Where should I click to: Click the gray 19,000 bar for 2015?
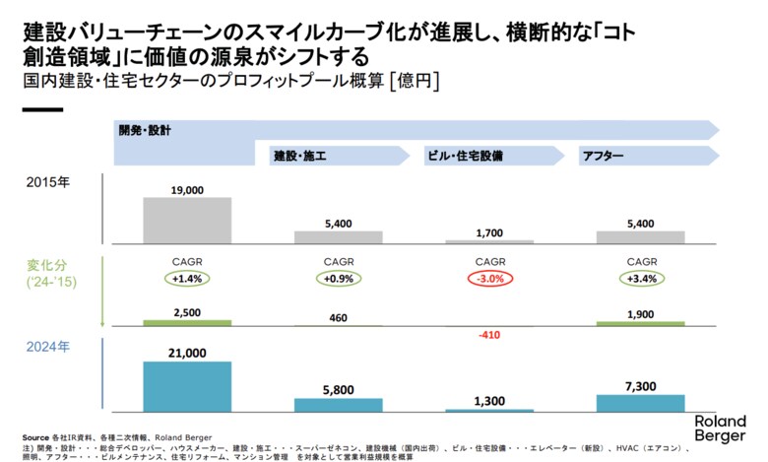187,220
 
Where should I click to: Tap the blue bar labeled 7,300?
640,402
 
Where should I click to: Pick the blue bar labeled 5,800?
339,404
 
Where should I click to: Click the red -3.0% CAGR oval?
490,279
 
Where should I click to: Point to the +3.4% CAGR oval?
641,279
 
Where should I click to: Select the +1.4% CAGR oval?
187,279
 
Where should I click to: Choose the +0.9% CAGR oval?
339,279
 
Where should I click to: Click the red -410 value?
490,335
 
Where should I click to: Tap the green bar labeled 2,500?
187,322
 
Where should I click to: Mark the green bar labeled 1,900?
640,323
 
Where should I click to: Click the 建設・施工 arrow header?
335,156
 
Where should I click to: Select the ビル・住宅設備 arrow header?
487,156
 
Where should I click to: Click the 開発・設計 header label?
145,130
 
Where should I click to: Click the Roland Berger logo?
720,428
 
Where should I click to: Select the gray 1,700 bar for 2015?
490,240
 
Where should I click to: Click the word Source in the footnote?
35,436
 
